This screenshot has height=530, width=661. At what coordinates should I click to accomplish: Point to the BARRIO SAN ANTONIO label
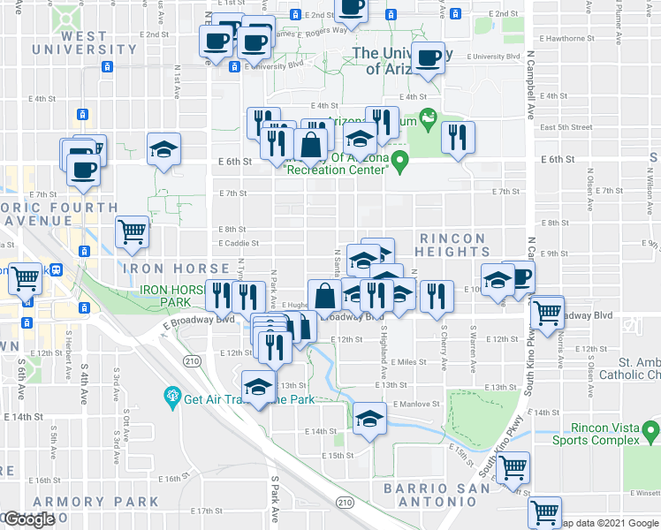[x=437, y=494]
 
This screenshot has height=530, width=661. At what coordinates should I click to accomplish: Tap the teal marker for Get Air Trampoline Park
[x=171, y=397]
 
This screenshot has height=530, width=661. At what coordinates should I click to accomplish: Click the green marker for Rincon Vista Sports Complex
[x=650, y=432]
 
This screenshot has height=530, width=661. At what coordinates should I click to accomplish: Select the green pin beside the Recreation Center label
[x=399, y=162]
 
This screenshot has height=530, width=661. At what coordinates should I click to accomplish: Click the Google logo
[x=29, y=519]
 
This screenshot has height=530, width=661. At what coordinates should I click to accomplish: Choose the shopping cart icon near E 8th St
[x=133, y=232]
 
